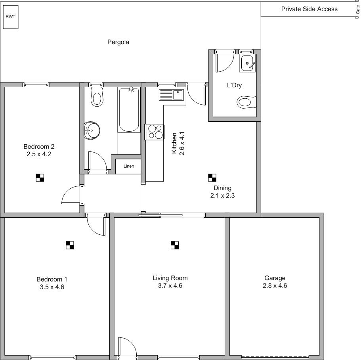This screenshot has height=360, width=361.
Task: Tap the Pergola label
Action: pos(118,42)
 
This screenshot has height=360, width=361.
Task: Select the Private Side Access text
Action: pos(309,9)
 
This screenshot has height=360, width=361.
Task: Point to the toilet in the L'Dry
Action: pos(247,102)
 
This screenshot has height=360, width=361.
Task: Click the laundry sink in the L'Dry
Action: pos(247,63)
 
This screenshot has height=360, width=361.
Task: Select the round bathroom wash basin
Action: pos(92,130)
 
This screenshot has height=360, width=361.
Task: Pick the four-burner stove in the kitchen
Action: pos(155,132)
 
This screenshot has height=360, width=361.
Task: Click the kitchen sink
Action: pos(172,95)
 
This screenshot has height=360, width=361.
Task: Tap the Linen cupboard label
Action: pos(129,166)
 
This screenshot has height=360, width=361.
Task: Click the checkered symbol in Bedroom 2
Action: pos(40,178)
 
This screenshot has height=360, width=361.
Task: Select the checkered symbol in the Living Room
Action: pos(175,245)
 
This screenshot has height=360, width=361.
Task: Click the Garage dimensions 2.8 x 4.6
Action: pos(275,285)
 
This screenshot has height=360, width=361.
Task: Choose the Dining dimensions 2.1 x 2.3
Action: pos(223,195)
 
